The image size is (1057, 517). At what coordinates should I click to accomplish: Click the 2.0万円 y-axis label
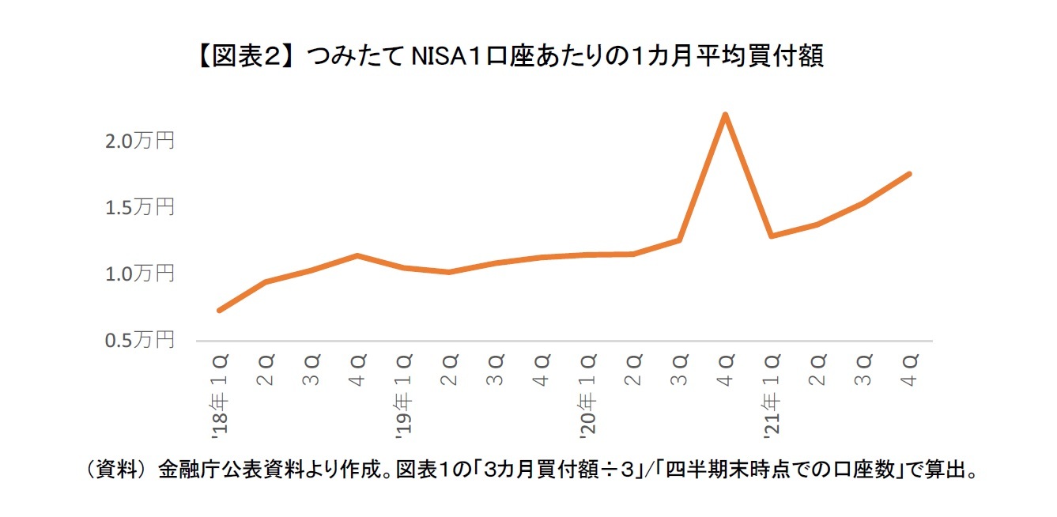[140, 142]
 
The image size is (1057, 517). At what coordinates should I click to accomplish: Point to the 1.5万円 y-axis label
[140, 208]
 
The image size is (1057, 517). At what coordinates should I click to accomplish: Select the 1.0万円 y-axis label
[140, 274]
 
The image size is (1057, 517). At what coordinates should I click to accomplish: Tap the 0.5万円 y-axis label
[140, 340]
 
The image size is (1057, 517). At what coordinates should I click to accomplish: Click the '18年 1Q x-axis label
[220, 395]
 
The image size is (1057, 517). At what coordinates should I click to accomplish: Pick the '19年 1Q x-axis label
[403, 395]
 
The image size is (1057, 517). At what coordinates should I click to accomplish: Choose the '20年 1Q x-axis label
[587, 395]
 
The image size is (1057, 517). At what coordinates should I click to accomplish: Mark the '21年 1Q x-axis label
[771, 395]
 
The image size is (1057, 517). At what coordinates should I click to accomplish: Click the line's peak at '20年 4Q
[725, 115]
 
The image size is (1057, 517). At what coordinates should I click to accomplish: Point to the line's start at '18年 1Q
[219, 310]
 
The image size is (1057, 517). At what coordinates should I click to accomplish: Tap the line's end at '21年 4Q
[909, 174]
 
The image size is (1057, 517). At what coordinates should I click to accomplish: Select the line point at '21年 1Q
[771, 236]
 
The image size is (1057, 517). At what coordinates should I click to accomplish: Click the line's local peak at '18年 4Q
[357, 255]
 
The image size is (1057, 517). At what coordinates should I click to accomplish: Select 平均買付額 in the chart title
[759, 57]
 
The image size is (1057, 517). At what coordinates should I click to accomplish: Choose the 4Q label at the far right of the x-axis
[909, 370]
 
